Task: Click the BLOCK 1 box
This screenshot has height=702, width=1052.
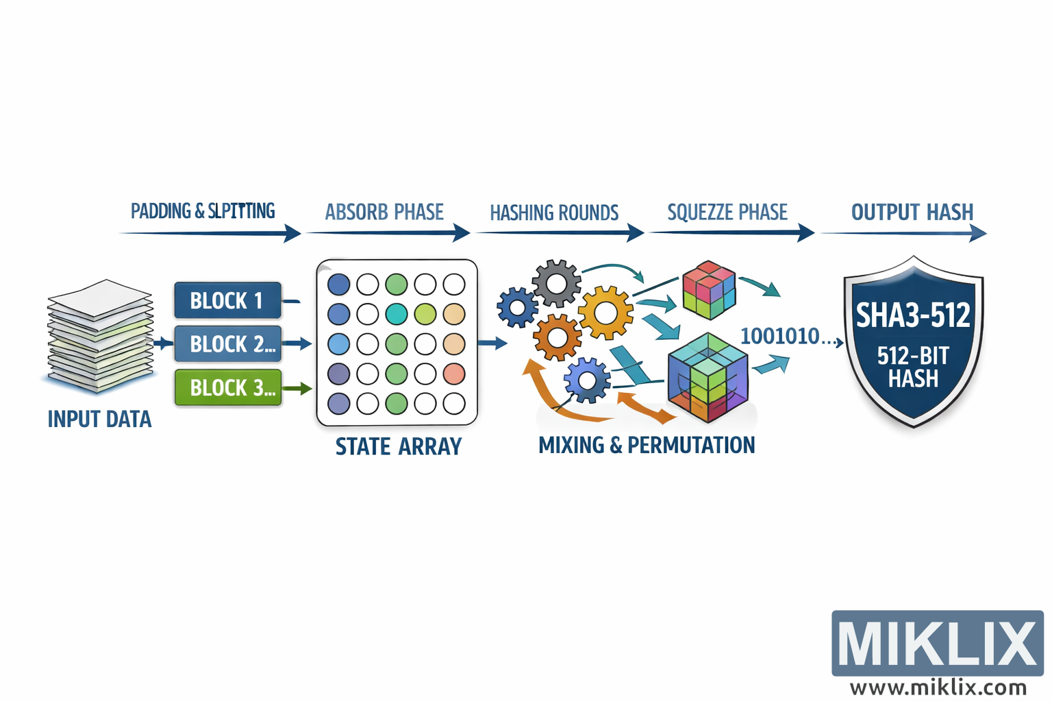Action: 227,300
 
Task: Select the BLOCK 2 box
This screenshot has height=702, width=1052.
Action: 228,343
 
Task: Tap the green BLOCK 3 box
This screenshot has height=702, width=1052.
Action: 228,387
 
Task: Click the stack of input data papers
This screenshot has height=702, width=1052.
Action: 100,336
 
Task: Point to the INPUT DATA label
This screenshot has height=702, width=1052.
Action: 99,419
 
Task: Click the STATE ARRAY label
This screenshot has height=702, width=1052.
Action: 398,446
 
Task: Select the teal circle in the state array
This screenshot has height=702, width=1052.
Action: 397,314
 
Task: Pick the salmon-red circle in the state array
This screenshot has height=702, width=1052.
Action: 454,374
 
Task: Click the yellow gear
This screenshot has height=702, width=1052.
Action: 605,313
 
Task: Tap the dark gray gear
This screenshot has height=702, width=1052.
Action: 556,282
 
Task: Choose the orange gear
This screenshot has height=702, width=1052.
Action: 558,337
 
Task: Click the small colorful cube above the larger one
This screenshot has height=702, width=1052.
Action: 710,290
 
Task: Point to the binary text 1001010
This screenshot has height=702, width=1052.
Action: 780,336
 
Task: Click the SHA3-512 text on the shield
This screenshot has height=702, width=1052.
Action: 913,315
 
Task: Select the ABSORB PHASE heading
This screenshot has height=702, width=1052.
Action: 384,213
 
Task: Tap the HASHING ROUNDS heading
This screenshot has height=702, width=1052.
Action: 554,213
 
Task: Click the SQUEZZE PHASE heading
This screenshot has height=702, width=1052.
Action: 727,213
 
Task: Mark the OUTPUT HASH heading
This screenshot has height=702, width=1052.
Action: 912,213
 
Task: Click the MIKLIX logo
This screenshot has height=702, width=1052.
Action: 937,643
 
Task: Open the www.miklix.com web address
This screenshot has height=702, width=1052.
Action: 938,687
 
